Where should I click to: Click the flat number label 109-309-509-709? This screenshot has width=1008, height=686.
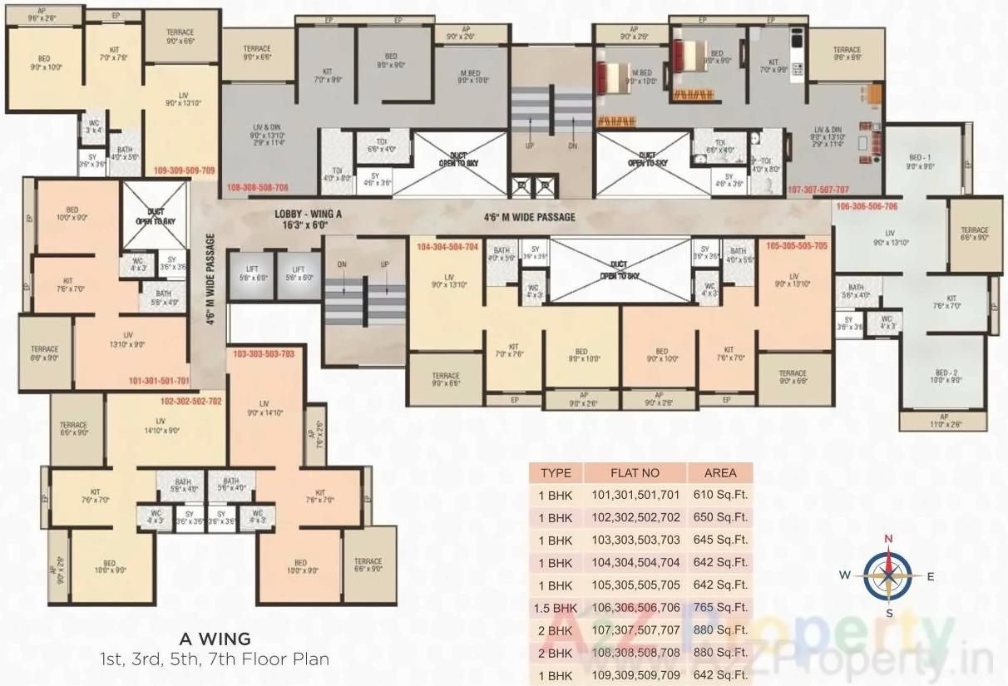(x=184, y=170)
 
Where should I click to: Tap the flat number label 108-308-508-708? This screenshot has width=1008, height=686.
(x=257, y=188)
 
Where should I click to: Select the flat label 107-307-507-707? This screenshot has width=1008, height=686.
(x=818, y=190)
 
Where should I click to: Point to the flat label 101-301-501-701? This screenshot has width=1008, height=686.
(x=159, y=381)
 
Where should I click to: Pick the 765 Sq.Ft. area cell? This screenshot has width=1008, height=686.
(x=720, y=608)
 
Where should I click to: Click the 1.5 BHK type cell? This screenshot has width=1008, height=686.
(x=556, y=608)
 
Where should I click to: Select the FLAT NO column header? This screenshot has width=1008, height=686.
(x=635, y=473)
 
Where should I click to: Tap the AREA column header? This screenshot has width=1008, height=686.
(x=720, y=473)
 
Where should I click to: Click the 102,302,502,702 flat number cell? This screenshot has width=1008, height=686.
(x=635, y=517)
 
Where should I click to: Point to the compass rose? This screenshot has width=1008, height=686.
(x=888, y=575)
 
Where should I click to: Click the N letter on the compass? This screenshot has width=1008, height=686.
(x=888, y=539)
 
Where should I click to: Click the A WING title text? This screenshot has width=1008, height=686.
(x=215, y=639)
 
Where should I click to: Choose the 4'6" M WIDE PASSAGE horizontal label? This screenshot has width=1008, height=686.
(x=530, y=218)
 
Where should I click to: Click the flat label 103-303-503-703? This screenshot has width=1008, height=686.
(x=264, y=354)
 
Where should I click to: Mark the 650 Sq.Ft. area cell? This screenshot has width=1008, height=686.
(x=720, y=517)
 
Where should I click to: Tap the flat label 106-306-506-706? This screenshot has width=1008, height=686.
(x=867, y=206)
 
